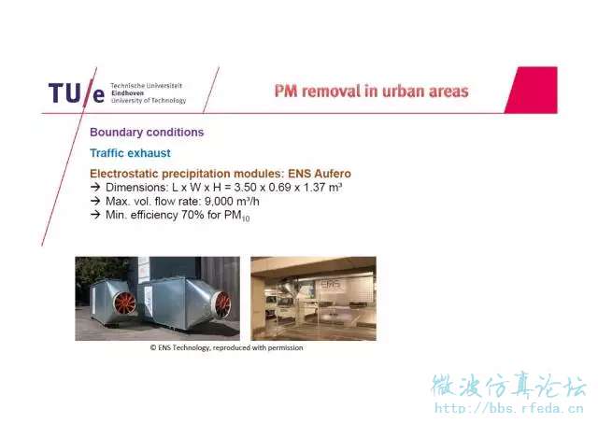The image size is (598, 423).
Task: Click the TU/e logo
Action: point(77,93)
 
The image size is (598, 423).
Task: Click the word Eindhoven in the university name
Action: point(127,93)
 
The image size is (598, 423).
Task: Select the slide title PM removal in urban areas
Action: point(372,92)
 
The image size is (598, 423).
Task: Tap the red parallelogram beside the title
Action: point(532,90)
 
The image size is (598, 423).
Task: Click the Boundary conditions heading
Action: point(147,133)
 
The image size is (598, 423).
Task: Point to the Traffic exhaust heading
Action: point(130,153)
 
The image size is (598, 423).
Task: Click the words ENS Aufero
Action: point(320,174)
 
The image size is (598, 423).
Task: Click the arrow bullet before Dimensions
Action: point(95,187)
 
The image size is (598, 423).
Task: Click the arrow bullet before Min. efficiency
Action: point(95,215)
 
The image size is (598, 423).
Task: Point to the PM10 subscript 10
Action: point(246,219)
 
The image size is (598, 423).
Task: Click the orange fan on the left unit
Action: point(124,303)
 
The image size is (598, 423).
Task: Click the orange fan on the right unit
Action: point(222,304)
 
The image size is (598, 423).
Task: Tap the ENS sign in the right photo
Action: point(331,285)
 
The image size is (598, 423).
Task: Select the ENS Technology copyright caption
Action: point(226,347)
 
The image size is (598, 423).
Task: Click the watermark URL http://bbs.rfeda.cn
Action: point(509,408)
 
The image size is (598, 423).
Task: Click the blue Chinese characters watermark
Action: point(509,386)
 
